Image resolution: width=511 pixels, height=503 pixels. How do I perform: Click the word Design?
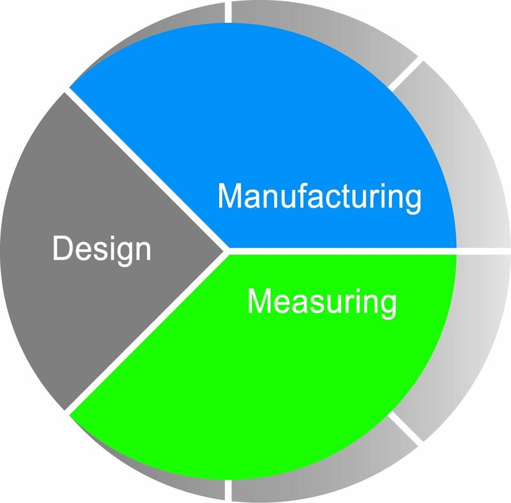tap(102, 250)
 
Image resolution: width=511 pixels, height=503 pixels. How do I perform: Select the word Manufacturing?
tap(319, 197)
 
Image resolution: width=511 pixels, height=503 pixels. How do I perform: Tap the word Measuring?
tap(322, 302)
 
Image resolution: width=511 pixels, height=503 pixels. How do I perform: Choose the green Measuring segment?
tap(261, 375)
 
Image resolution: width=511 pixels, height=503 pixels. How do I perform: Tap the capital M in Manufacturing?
tap(231, 196)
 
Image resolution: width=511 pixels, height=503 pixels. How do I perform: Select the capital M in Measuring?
tap(261, 300)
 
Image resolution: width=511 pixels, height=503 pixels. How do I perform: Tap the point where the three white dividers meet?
tap(227, 251)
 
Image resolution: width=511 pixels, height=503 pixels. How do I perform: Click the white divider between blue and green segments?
tap(342, 251)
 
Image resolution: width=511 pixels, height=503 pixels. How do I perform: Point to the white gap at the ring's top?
tap(228, 12)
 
